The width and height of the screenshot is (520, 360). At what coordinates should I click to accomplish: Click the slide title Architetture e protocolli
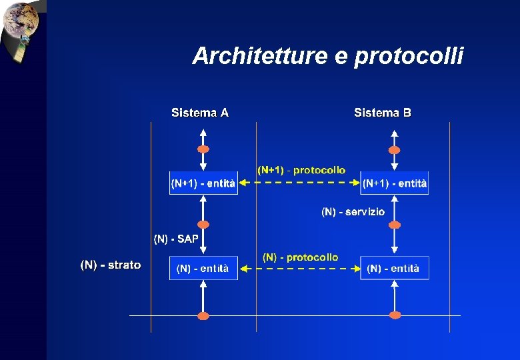pyautogui.click(x=327, y=57)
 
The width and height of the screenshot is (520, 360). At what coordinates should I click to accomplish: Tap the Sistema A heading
pyautogui.click(x=200, y=113)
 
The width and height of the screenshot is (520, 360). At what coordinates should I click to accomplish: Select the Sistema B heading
pyautogui.click(x=383, y=113)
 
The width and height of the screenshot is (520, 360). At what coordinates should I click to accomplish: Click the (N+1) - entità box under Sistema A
pyautogui.click(x=203, y=183)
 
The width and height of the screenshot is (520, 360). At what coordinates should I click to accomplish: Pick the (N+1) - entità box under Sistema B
pyautogui.click(x=395, y=183)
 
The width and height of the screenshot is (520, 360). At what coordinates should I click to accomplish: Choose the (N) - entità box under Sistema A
pyautogui.click(x=203, y=268)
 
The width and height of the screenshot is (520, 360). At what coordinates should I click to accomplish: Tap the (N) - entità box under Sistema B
pyautogui.click(x=395, y=268)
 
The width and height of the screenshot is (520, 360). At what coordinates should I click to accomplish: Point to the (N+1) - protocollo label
pyautogui.click(x=301, y=170)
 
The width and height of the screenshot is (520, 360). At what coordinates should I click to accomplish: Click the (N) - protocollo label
pyautogui.click(x=300, y=257)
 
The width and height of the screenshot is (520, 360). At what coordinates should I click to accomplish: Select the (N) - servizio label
pyautogui.click(x=353, y=212)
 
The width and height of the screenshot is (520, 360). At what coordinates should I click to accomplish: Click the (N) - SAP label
pyautogui.click(x=176, y=238)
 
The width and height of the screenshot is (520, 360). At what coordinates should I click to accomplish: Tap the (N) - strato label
pyautogui.click(x=111, y=265)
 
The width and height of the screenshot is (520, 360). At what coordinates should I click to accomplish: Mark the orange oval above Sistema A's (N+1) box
pyautogui.click(x=203, y=149)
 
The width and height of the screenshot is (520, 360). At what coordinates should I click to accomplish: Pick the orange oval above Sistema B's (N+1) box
pyautogui.click(x=395, y=149)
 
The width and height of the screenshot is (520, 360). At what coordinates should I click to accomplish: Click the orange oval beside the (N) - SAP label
pyautogui.click(x=203, y=225)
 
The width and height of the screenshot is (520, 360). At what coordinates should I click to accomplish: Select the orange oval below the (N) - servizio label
pyautogui.click(x=395, y=225)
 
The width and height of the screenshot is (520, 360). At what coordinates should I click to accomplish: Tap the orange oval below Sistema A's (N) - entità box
pyautogui.click(x=203, y=315)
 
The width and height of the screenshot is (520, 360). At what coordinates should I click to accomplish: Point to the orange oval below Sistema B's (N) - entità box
pyautogui.click(x=395, y=315)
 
